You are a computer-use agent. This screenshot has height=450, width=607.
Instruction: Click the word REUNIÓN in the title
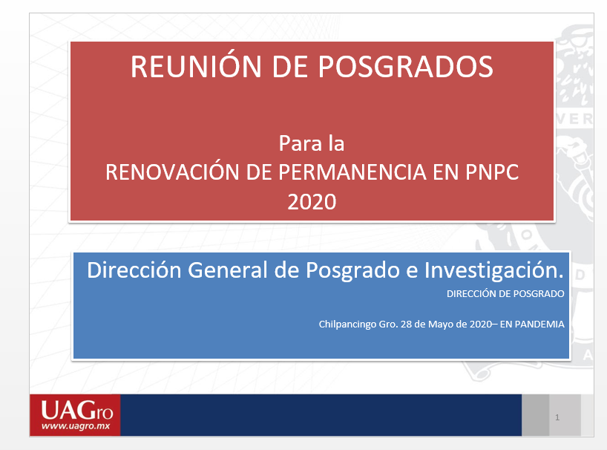pyautogui.click(x=196, y=66)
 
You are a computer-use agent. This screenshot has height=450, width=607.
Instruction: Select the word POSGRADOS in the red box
pyautogui.click(x=406, y=67)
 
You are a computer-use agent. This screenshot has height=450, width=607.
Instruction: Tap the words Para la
pyautogui.click(x=312, y=143)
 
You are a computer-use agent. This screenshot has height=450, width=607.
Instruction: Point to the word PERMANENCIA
pyautogui.click(x=352, y=172)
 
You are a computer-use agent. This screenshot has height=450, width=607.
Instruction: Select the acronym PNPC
pyautogui.click(x=492, y=172)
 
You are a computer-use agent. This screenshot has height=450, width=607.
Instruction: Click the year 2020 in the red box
pyautogui.click(x=312, y=202)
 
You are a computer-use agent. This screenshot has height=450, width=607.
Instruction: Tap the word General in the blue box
pyautogui.click(x=228, y=270)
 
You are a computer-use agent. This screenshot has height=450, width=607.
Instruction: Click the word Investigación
pyautogui.click(x=494, y=270)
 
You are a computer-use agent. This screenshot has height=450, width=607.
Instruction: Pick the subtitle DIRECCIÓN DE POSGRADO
pyautogui.click(x=505, y=294)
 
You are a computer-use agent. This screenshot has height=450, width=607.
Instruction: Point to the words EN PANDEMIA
pyautogui.click(x=532, y=325)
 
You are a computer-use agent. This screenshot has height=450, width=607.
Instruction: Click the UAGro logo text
pyautogui.click(x=76, y=410)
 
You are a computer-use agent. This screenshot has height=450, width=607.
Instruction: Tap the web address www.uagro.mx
pyautogui.click(x=76, y=426)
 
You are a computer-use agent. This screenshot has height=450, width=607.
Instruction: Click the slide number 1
pyautogui.click(x=557, y=417)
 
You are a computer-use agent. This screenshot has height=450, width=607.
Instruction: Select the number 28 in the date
pyautogui.click(x=406, y=325)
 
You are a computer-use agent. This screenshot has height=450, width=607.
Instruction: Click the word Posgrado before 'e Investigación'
pyautogui.click(x=352, y=270)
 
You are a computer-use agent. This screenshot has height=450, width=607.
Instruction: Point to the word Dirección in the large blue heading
pyautogui.click(x=134, y=270)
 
